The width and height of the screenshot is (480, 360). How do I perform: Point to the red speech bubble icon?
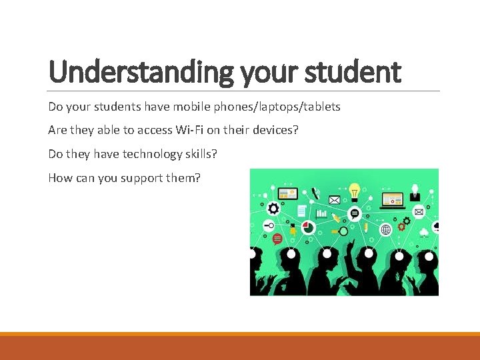[x=277, y=239]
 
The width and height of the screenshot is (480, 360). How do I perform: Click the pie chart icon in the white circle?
[x=307, y=227]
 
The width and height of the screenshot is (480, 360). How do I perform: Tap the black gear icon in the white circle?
[x=273, y=208]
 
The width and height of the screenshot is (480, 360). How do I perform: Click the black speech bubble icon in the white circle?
[x=355, y=214]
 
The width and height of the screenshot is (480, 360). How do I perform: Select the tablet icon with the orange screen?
[x=288, y=195]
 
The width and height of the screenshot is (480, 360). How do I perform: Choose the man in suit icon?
[x=414, y=193]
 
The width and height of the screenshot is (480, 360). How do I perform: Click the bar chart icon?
[x=321, y=214]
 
